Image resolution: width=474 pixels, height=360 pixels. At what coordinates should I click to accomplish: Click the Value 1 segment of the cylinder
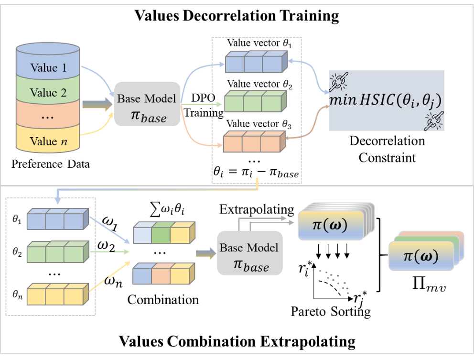[x=48, y=67]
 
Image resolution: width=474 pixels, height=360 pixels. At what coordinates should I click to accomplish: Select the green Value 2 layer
[x=48, y=92]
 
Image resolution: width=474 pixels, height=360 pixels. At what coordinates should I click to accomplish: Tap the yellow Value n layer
[x=48, y=141]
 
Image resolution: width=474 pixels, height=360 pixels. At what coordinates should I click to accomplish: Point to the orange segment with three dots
[x=48, y=117]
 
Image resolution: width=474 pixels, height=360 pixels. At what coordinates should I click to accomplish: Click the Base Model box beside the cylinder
[x=147, y=104]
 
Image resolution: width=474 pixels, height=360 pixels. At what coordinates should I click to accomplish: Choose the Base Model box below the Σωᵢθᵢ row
[x=249, y=253]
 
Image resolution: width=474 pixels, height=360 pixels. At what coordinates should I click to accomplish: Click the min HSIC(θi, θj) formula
[x=386, y=100]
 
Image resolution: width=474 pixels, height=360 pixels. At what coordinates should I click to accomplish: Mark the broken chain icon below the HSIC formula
[x=434, y=121]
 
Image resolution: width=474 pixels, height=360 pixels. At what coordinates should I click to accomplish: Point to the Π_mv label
[x=429, y=284]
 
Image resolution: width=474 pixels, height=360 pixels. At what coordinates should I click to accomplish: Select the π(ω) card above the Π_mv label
[x=420, y=256]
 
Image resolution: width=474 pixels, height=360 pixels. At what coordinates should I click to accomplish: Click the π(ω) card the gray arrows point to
[x=330, y=224]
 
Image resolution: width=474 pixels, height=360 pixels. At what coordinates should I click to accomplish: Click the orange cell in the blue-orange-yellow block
[x=161, y=275]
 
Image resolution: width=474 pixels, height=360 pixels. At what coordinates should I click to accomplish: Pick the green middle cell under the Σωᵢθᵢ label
[x=161, y=234]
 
